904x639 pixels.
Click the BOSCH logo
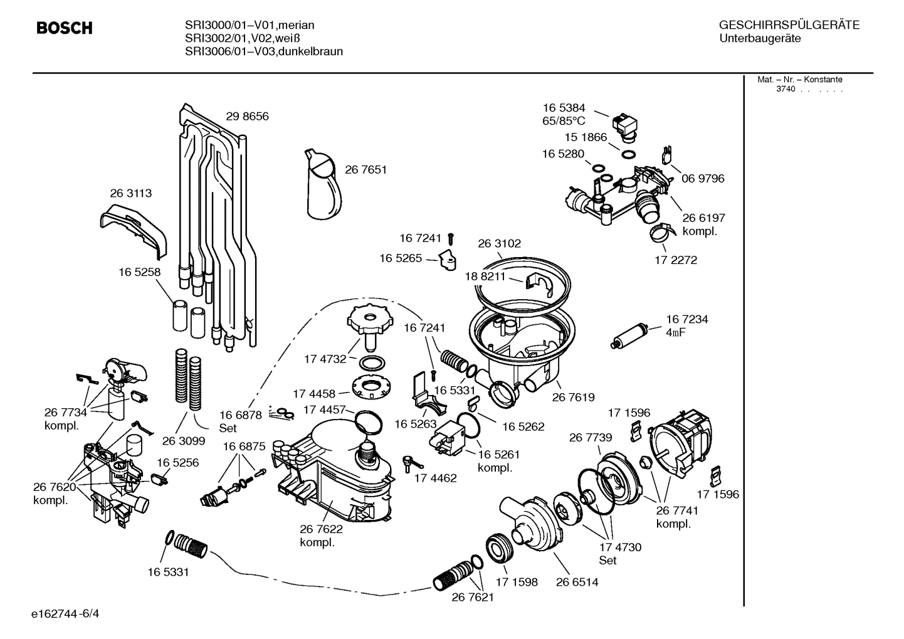65,28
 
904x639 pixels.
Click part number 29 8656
247,117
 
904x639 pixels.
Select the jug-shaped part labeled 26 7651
325,185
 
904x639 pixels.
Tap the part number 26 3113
131,194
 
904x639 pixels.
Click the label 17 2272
676,260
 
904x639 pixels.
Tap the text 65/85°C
564,121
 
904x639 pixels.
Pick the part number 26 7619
573,398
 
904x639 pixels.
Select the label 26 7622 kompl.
321,536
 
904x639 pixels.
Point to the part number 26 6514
577,583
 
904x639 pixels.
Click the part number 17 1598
517,583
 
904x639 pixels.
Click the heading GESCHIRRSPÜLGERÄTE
789,25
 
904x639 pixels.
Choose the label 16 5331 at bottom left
169,573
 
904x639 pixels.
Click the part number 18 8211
485,276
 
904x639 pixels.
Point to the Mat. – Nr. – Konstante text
800,80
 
